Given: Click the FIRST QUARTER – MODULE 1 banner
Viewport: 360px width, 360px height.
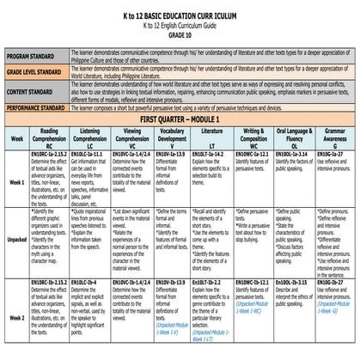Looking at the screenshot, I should click(180, 123).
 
